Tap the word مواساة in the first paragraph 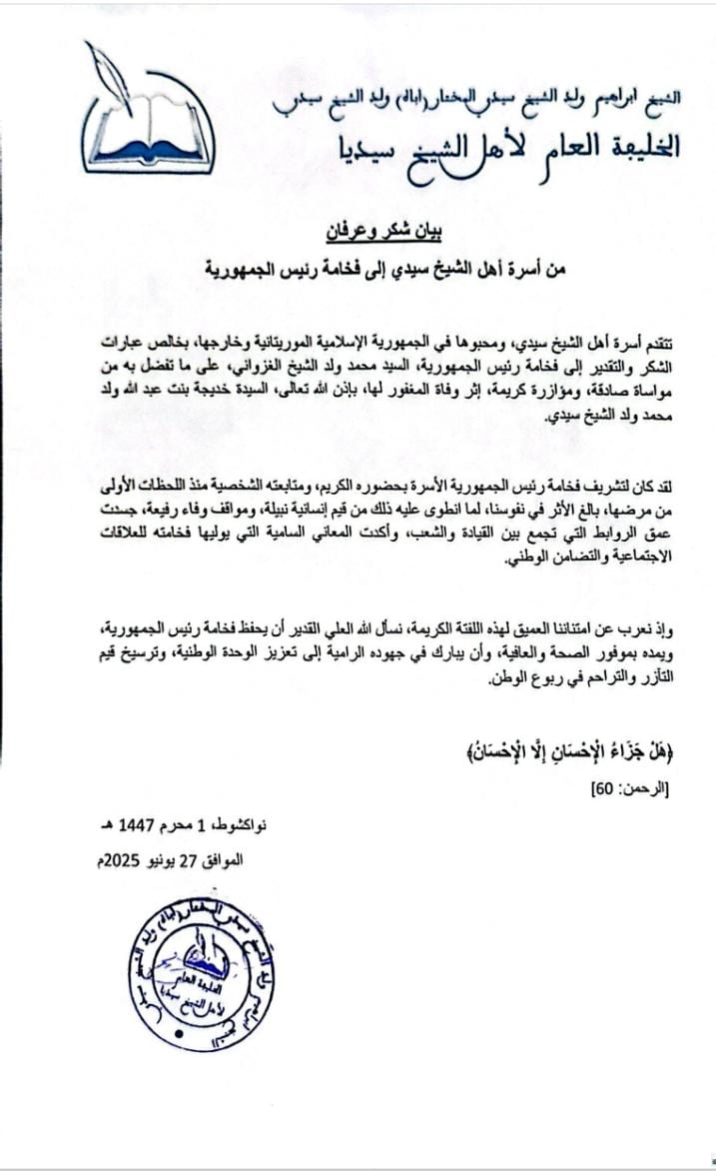pyautogui.click(x=664, y=392)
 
